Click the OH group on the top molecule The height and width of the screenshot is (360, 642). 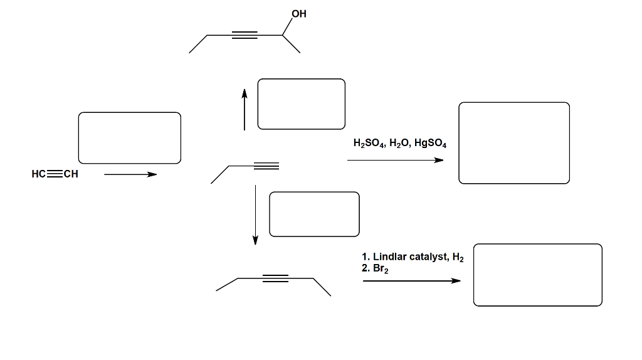pos(299,14)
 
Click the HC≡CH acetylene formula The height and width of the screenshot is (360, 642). pos(55,174)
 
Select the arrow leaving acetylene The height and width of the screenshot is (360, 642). pos(130,174)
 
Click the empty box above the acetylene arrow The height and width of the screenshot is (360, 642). pos(129,138)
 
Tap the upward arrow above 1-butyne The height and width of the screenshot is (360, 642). pos(245,109)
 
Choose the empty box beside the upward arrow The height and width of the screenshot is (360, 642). pos(301,103)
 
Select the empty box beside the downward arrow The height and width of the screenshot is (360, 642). pos(314,214)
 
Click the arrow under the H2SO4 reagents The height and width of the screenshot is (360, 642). pos(395,160)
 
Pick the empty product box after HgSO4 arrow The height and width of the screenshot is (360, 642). pos(514,143)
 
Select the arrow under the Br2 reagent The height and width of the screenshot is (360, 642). pos(411,281)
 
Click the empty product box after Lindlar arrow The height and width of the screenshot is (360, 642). pos(537,275)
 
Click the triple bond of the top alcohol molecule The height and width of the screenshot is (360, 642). pos(245,35)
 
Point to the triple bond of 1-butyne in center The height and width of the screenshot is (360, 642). pos(266,166)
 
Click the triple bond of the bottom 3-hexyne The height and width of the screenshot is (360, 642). pos(275,278)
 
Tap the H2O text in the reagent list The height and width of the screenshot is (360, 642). pos(398,143)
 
